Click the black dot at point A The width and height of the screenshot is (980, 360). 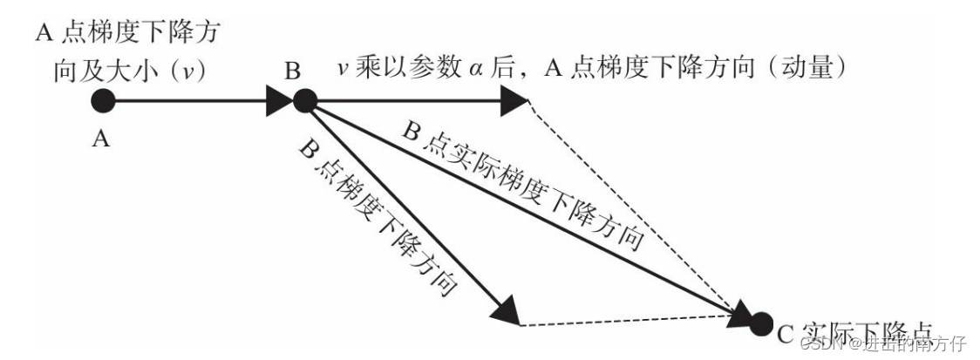click(103, 101)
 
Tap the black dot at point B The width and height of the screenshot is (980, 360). click(304, 101)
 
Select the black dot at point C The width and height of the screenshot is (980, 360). click(761, 325)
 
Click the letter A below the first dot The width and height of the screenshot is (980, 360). click(101, 139)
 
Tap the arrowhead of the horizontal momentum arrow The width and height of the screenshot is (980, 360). click(514, 101)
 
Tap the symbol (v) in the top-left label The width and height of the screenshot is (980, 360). click(186, 69)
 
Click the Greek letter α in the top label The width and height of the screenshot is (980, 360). click(471, 69)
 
